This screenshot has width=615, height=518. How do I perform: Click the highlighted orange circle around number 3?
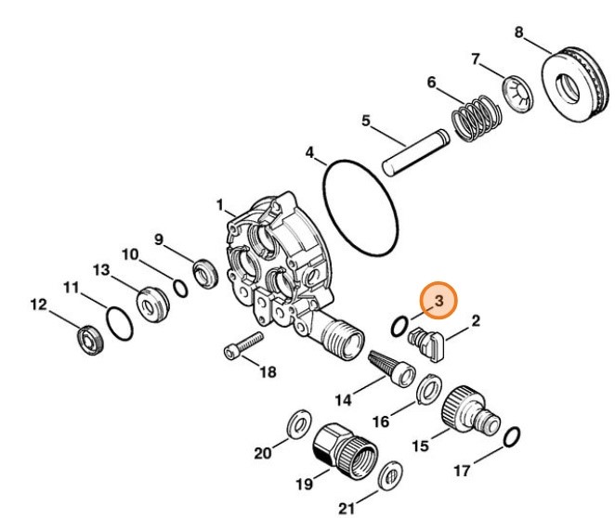click(x=437, y=301)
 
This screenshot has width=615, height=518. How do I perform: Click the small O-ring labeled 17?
click(x=511, y=434)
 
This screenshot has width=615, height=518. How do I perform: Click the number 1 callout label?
click(x=220, y=203)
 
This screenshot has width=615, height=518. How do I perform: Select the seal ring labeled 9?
click(x=204, y=275)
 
